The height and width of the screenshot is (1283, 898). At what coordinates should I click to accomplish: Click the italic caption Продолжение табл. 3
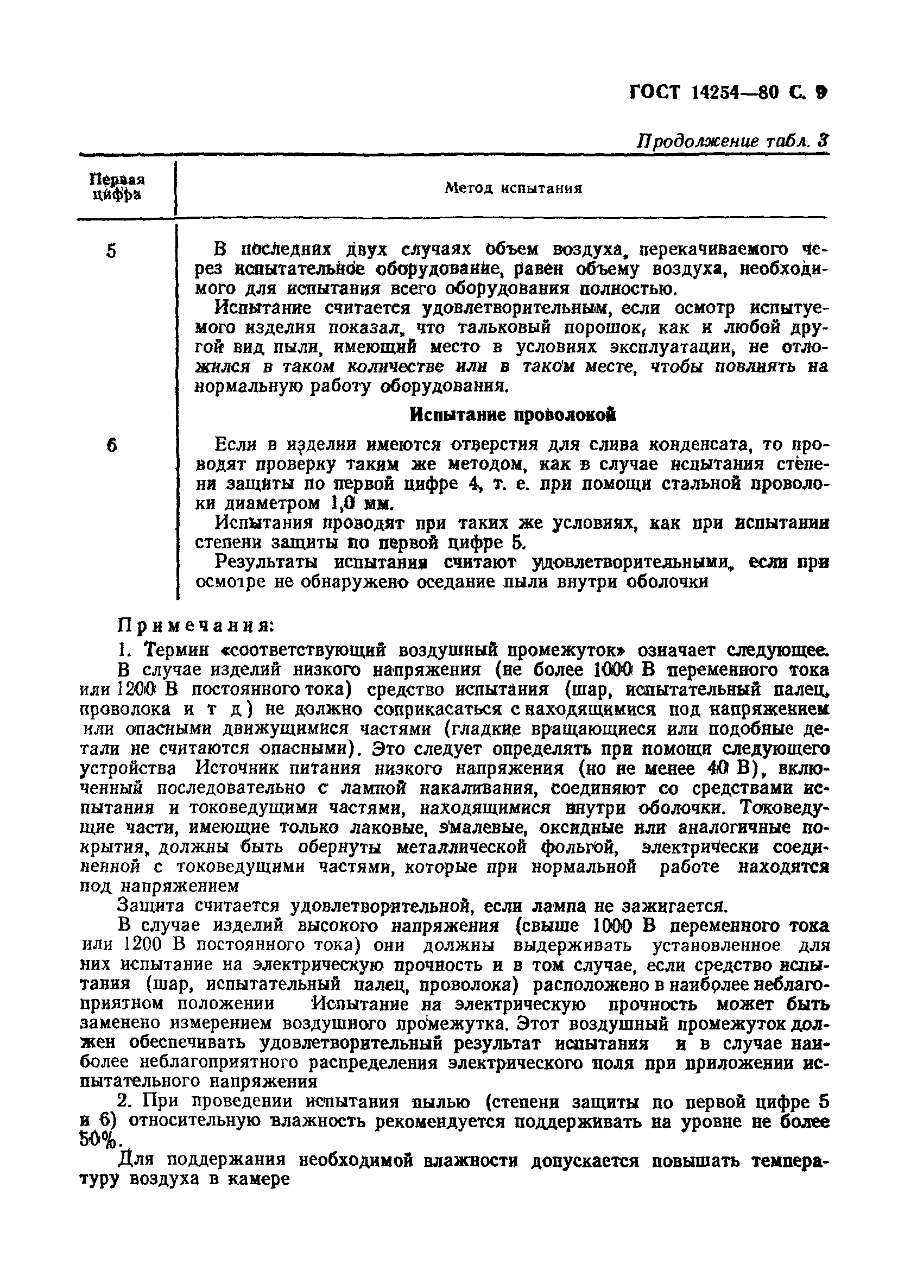pyautogui.click(x=732, y=141)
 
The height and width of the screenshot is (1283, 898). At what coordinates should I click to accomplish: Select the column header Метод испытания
pyautogui.click(x=513, y=188)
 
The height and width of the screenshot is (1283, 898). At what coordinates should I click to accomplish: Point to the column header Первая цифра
pyautogui.click(x=117, y=187)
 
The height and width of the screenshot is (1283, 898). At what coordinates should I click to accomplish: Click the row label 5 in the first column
pyautogui.click(x=112, y=251)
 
